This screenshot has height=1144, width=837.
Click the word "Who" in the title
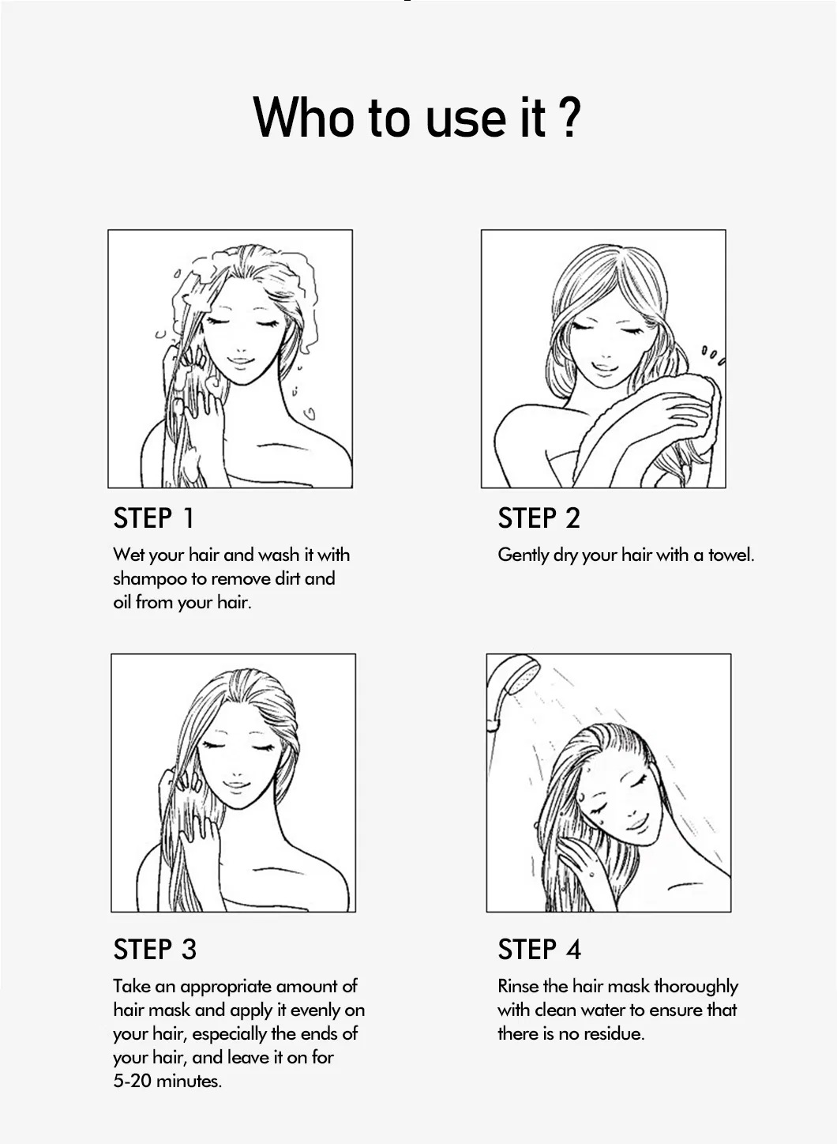(x=303, y=118)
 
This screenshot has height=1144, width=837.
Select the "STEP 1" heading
(x=153, y=518)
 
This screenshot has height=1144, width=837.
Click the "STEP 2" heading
(x=539, y=518)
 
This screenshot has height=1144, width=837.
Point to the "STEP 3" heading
(x=155, y=950)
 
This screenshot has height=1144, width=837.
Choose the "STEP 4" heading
(x=539, y=950)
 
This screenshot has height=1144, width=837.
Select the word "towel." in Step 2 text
(x=731, y=555)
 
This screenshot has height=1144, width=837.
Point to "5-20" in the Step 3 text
(x=132, y=1082)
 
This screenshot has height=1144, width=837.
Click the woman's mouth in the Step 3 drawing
(x=235, y=785)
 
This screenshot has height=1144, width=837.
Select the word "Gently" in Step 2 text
(x=523, y=555)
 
